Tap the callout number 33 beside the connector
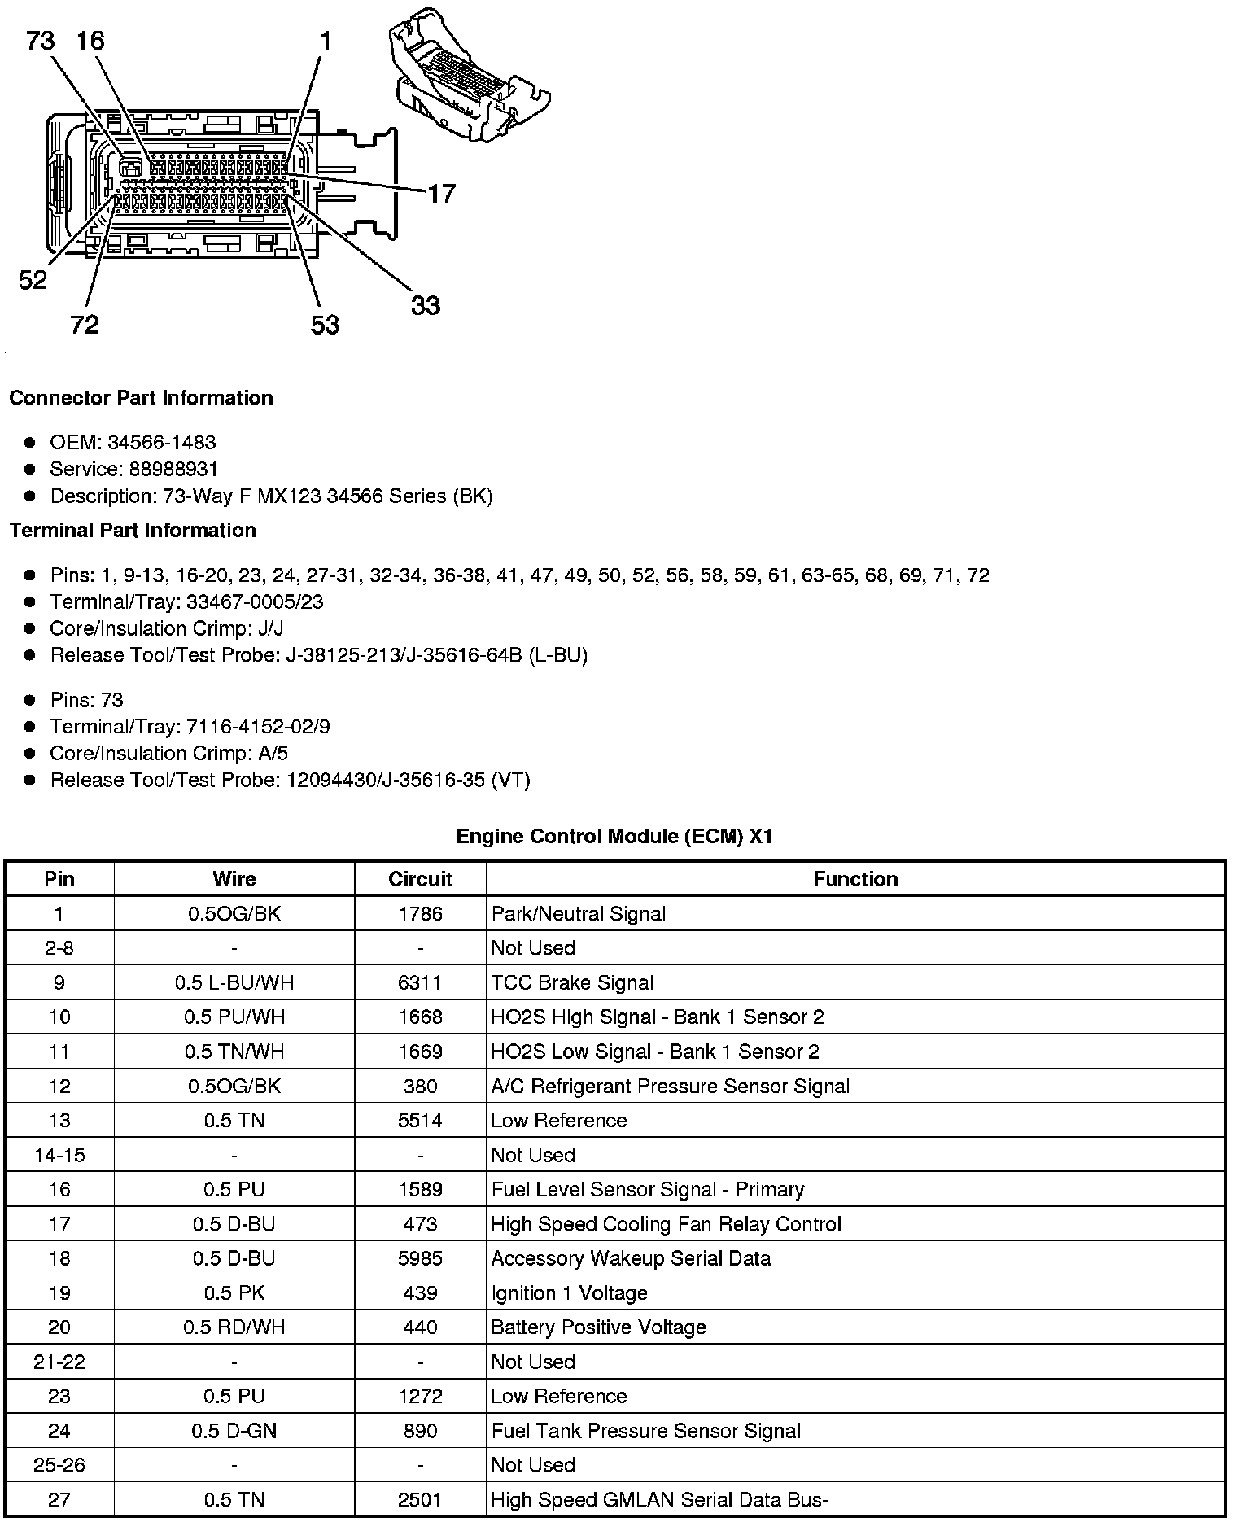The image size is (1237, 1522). pyautogui.click(x=425, y=305)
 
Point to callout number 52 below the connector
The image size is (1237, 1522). pyautogui.click(x=33, y=280)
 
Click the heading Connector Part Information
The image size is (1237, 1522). pyautogui.click(x=141, y=398)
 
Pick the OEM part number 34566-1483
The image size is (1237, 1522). pyautogui.click(x=162, y=442)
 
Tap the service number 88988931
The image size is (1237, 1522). pyautogui.click(x=173, y=469)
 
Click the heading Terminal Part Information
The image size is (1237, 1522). pyautogui.click(x=133, y=531)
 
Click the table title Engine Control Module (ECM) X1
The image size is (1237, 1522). pyautogui.click(x=614, y=836)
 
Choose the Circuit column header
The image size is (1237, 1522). pyautogui.click(x=420, y=879)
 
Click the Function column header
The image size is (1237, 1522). pyautogui.click(x=855, y=879)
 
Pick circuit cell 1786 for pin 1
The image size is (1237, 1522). pyautogui.click(x=420, y=914)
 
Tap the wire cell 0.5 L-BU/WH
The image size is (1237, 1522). pyautogui.click(x=234, y=983)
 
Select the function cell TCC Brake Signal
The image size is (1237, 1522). pyautogui.click(x=572, y=983)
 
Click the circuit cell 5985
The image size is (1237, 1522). pyautogui.click(x=420, y=1258)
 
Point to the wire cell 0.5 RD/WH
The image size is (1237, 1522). pyautogui.click(x=234, y=1327)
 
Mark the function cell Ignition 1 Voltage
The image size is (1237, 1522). pyautogui.click(x=569, y=1293)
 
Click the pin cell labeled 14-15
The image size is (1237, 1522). pyautogui.click(x=59, y=1155)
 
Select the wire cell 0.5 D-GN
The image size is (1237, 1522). pyautogui.click(x=234, y=1431)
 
